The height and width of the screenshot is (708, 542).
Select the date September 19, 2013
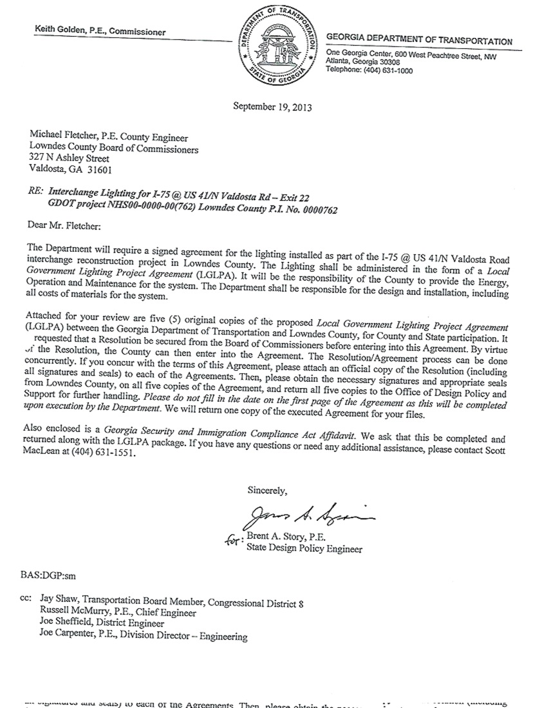point(272,107)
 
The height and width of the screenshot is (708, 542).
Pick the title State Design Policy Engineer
point(304,549)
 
